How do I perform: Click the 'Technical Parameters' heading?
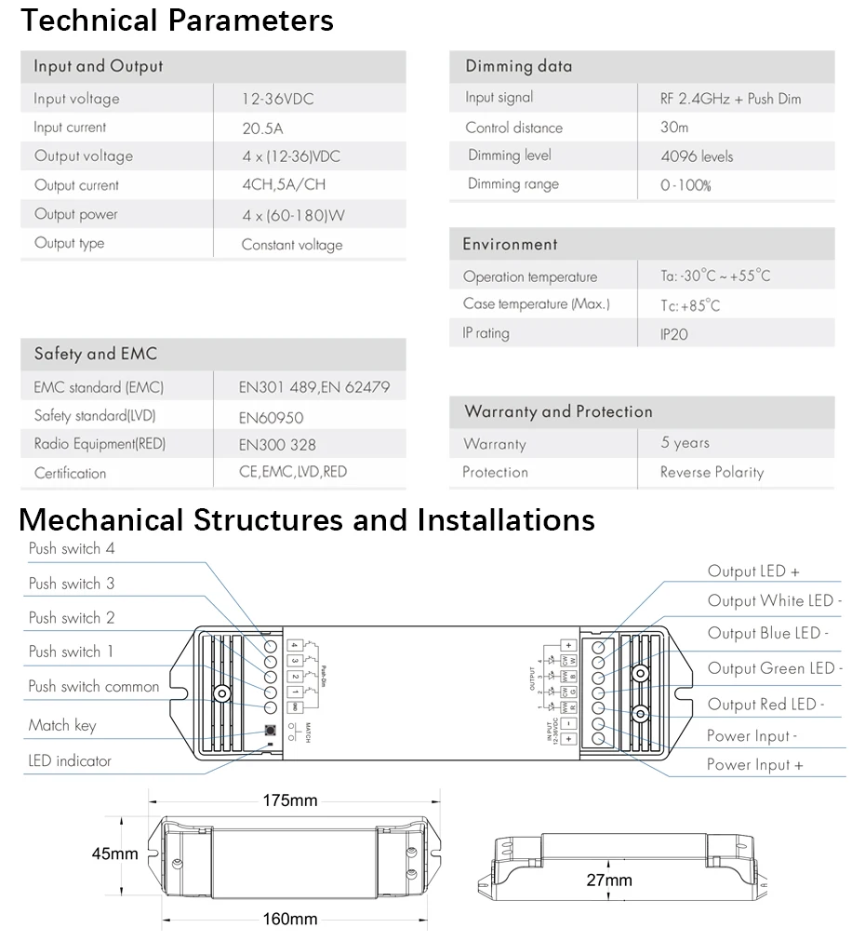pyautogui.click(x=177, y=20)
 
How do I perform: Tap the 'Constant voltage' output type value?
pyautogui.click(x=292, y=245)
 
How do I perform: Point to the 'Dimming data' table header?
pyautogui.click(x=519, y=66)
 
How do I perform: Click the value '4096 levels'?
pyautogui.click(x=697, y=156)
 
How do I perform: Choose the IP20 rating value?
pyautogui.click(x=674, y=333)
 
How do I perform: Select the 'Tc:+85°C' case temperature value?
pyautogui.click(x=690, y=305)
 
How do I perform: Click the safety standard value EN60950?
pyautogui.click(x=271, y=418)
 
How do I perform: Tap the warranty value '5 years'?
pyautogui.click(x=685, y=443)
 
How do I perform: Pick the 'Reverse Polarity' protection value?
pyautogui.click(x=712, y=472)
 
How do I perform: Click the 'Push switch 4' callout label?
pyautogui.click(x=72, y=549)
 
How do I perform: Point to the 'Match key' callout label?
pyautogui.click(x=62, y=725)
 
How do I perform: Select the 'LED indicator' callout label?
pyautogui.click(x=70, y=760)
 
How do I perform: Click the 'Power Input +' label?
pyautogui.click(x=754, y=764)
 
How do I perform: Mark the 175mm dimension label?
pyautogui.click(x=289, y=800)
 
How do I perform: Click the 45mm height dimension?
pyautogui.click(x=114, y=854)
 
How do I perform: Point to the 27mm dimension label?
pyautogui.click(x=609, y=880)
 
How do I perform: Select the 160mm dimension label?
pyautogui.click(x=289, y=920)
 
